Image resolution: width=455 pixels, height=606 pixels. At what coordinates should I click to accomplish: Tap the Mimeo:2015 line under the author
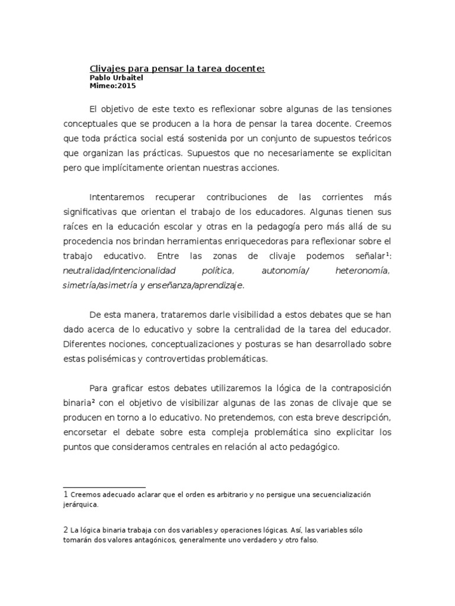click(x=113, y=86)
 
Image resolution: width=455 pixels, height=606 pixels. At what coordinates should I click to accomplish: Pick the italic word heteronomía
click(x=362, y=270)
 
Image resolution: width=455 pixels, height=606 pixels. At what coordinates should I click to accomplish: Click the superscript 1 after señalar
click(x=387, y=254)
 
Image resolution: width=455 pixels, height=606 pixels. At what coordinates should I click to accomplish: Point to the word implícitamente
click(x=119, y=167)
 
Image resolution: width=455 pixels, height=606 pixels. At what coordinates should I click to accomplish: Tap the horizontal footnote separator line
click(x=104, y=487)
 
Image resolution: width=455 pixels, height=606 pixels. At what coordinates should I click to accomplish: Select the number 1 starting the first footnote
click(x=65, y=494)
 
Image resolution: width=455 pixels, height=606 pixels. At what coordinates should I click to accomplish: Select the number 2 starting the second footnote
click(x=65, y=530)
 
